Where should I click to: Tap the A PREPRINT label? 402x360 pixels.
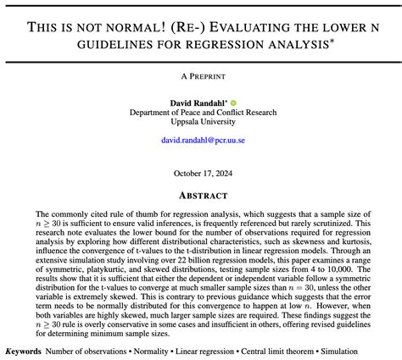click(200, 75)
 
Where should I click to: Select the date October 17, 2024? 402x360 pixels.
click(200, 173)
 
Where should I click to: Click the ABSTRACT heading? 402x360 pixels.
click(200, 193)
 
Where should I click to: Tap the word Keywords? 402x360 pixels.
click(23, 351)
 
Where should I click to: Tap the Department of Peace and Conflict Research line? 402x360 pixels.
click(200, 113)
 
